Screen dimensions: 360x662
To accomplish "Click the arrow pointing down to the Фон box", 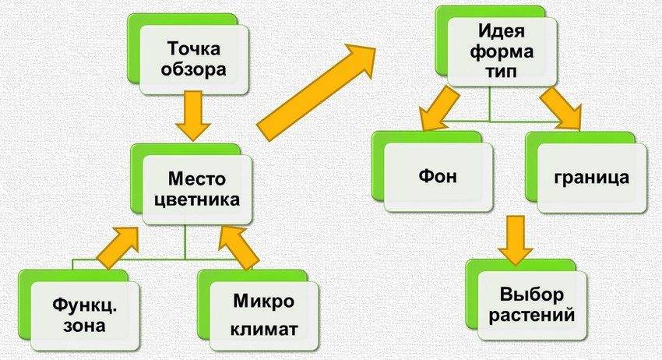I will click(x=440, y=109).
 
